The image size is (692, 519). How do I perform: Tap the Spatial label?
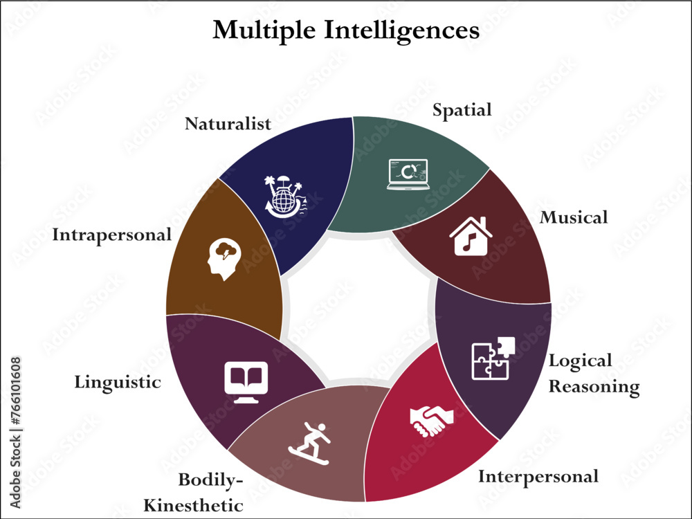tap(462, 110)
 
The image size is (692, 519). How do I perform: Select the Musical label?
tap(574, 217)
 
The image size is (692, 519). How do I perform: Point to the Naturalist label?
tap(228, 124)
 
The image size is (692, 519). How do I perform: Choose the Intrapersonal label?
tap(111, 235)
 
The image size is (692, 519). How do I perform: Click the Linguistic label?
tap(117, 382)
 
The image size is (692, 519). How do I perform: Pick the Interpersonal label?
tap(538, 476)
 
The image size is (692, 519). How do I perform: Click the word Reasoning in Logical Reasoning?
tap(594, 387)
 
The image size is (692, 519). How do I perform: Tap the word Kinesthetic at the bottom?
tap(193, 505)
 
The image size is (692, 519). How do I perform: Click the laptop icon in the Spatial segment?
tap(408, 174)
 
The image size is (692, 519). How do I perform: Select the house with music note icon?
tap(471, 236)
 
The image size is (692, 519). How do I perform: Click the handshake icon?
tap(430, 419)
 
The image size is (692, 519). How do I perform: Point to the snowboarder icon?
tap(310, 443)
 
